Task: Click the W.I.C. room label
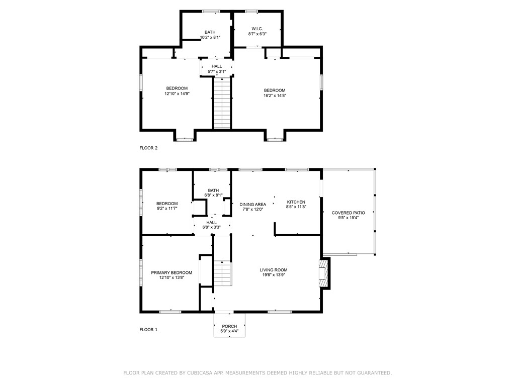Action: [257, 28]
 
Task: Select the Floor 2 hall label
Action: [216, 66]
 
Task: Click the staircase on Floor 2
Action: [222, 103]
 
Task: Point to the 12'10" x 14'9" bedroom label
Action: [177, 88]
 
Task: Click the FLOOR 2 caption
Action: [148, 148]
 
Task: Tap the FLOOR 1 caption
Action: [148, 330]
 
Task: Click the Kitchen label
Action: [296, 202]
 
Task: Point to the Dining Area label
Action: [252, 204]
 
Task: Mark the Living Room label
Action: [274, 270]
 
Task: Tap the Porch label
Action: [229, 326]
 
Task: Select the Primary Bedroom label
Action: [171, 272]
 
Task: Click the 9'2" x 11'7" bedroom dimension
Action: [166, 208]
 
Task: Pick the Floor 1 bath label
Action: [213, 190]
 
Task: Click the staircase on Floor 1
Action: [222, 274]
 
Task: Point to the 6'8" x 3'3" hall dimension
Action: [211, 227]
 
